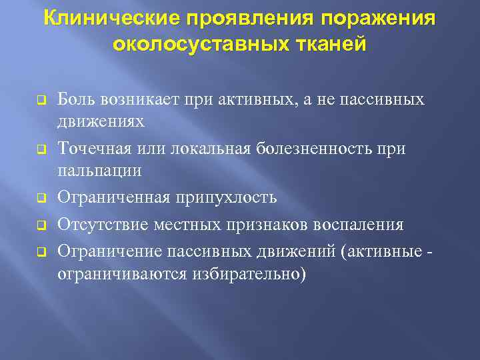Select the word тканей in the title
(332, 45)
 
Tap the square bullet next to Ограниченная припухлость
(40, 199)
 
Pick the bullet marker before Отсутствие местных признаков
(40, 225)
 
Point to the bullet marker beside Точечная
(40, 150)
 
